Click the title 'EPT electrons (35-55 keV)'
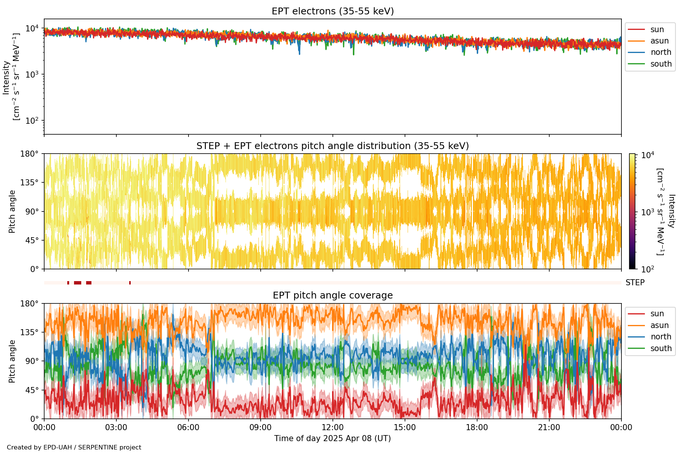pyautogui.click(x=332, y=11)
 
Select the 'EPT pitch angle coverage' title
pyautogui.click(x=332, y=295)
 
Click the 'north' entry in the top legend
pyautogui.click(x=661, y=52)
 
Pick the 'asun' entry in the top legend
pyautogui.click(x=659, y=41)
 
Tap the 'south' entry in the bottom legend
pyautogui.click(x=661, y=348)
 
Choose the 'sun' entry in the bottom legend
pyautogui.click(x=657, y=314)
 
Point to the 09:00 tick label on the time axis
pyautogui.click(x=260, y=428)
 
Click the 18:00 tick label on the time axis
pyautogui.click(x=477, y=428)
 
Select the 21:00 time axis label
pyautogui.click(x=549, y=428)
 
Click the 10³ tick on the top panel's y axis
pyautogui.click(x=32, y=74)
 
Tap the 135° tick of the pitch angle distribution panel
pyautogui.click(x=29, y=183)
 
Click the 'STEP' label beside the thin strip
pyautogui.click(x=635, y=283)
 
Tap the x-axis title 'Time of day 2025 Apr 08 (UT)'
pyautogui.click(x=332, y=438)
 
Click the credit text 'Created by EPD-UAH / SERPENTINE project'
pyautogui.click(x=74, y=448)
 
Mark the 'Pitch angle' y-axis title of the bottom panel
pyautogui.click(x=12, y=361)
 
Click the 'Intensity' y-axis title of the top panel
pyautogui.click(x=6, y=78)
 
